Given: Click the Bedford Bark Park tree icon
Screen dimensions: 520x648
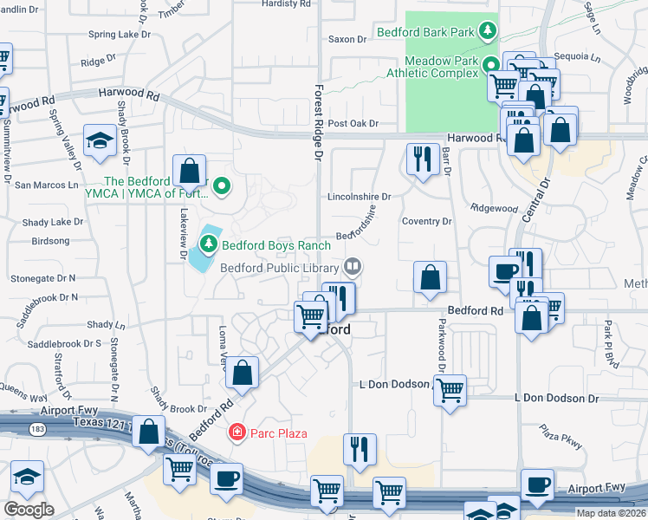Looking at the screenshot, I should point(489,32).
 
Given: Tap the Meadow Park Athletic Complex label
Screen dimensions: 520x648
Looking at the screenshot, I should point(442,67).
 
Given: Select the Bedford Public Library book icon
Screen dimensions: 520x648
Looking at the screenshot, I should point(353,267).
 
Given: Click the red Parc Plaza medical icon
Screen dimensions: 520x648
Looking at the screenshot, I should point(235,432).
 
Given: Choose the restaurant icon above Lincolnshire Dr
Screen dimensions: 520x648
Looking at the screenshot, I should point(422,159).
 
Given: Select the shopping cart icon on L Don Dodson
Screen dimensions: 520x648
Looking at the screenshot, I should point(450,391).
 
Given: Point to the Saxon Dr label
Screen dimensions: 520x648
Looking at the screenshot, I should point(348,39).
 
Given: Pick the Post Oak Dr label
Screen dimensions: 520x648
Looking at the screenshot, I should point(353,124).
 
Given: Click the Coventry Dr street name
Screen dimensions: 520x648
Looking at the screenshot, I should point(427,222).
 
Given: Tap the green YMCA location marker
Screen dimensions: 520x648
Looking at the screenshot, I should point(222,185).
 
